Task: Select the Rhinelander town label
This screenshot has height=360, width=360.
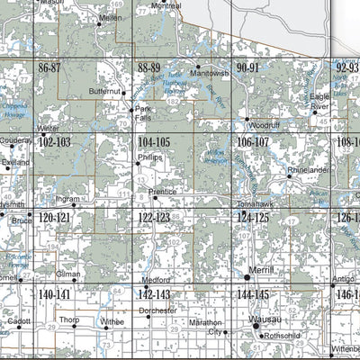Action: point(308,169)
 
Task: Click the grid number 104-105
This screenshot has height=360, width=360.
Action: point(154,142)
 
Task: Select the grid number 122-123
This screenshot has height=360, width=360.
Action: point(154,218)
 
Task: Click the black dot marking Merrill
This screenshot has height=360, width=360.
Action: point(249,270)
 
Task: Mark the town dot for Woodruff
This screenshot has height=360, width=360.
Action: point(246,118)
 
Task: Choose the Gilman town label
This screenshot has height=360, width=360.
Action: point(68,273)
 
